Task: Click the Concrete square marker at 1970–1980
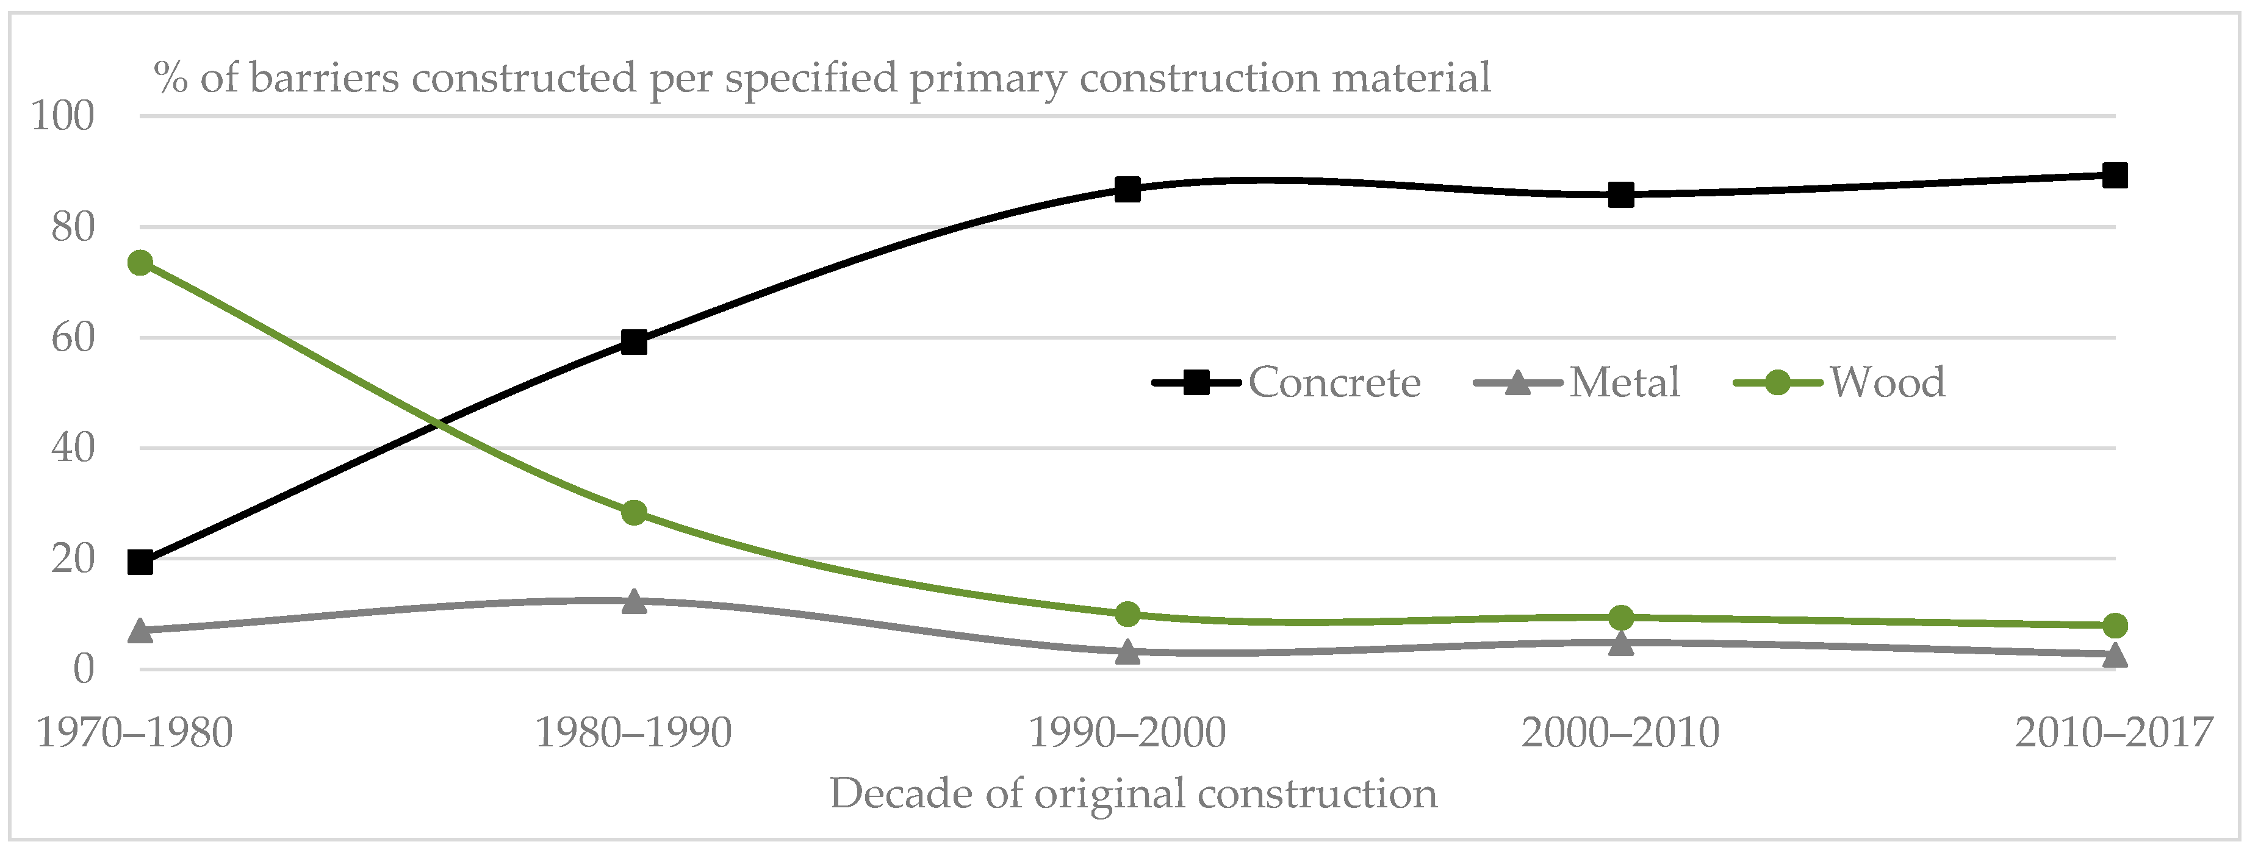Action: [140, 562]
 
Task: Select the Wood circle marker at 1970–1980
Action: [140, 262]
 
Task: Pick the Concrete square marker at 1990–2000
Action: [1128, 188]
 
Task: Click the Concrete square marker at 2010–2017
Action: [2115, 175]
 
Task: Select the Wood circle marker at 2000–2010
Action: [1620, 617]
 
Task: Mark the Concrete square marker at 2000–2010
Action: [1620, 195]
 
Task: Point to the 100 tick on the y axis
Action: [63, 116]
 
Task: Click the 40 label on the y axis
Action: [73, 448]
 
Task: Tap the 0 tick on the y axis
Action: [84, 670]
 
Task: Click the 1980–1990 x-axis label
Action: [633, 732]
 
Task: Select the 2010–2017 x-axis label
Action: [2113, 732]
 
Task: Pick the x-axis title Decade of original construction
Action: [1133, 793]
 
